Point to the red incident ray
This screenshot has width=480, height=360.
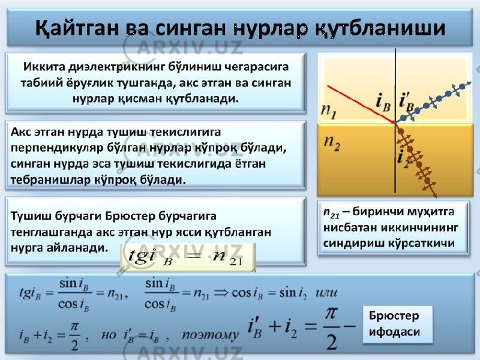(x=361, y=104)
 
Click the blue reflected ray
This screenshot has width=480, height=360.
(x=433, y=102)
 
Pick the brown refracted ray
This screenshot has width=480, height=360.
(x=416, y=160)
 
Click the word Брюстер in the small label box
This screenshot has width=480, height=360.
(x=394, y=316)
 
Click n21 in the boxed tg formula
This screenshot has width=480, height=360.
(x=228, y=257)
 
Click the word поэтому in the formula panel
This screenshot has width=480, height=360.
(x=210, y=335)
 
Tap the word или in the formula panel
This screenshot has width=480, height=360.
(x=326, y=293)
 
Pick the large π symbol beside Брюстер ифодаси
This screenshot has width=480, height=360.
(x=332, y=314)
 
